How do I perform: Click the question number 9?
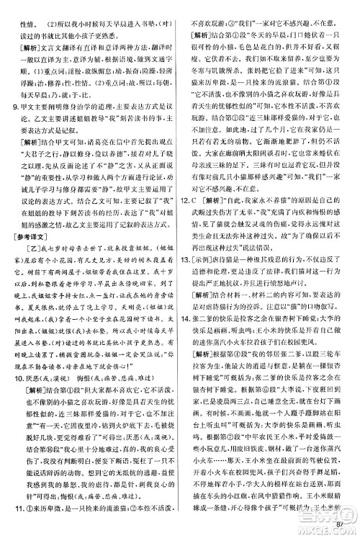[x=9, y=106]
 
